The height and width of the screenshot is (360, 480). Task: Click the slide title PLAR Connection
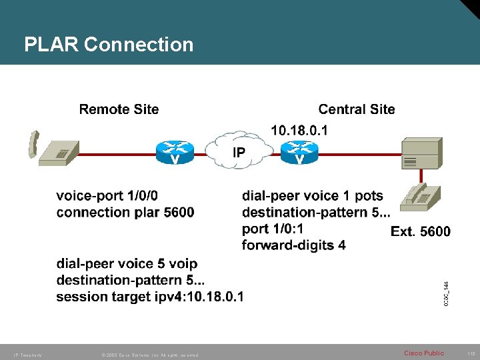pyautogui.click(x=109, y=45)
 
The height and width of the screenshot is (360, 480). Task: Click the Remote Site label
pyautogui.click(x=119, y=109)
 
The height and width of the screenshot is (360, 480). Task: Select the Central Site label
pyautogui.click(x=356, y=109)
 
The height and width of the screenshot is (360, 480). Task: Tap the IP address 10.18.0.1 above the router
pyautogui.click(x=299, y=130)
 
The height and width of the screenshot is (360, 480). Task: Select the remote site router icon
pyautogui.click(x=175, y=153)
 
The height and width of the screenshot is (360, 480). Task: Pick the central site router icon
pyautogui.click(x=299, y=153)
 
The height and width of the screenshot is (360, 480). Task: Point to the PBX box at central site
pyautogui.click(x=421, y=154)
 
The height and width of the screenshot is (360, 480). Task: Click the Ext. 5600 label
pyautogui.click(x=420, y=231)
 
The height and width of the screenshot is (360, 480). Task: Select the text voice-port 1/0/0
pyautogui.click(x=107, y=196)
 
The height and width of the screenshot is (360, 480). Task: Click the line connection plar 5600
pyautogui.click(x=125, y=213)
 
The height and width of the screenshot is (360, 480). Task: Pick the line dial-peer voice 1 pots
pyautogui.click(x=312, y=196)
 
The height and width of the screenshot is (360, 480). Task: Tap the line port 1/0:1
pyautogui.click(x=273, y=229)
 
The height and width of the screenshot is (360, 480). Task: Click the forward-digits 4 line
pyautogui.click(x=293, y=245)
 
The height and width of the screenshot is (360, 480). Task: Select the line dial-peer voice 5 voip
pyautogui.click(x=127, y=264)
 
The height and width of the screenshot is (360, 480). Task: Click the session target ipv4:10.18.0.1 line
pyautogui.click(x=149, y=297)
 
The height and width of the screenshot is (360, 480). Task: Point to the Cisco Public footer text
pyautogui.click(x=423, y=353)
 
